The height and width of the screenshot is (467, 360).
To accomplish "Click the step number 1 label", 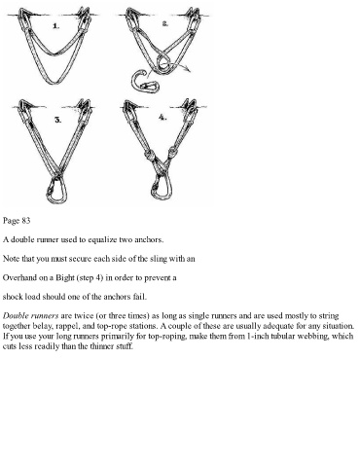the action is (x=56, y=26).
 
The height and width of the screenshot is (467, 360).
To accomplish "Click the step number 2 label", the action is (x=165, y=23).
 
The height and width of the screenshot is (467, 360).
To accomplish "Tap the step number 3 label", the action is (x=57, y=120).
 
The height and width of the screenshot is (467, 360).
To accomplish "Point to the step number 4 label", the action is (x=162, y=118).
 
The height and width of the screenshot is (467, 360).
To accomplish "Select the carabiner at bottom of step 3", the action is (x=56, y=191).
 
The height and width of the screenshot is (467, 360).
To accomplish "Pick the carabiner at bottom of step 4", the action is (x=162, y=188).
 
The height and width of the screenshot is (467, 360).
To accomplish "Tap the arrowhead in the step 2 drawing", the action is (x=188, y=69).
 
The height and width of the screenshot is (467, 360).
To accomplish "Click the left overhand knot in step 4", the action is (x=149, y=155).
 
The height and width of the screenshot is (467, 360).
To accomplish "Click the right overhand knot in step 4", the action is (x=172, y=151).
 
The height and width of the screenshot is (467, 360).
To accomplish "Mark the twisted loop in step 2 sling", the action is (x=163, y=63).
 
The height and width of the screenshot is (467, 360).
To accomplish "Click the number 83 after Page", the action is (x=26, y=221).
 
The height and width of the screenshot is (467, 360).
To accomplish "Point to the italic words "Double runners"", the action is (x=31, y=315).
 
